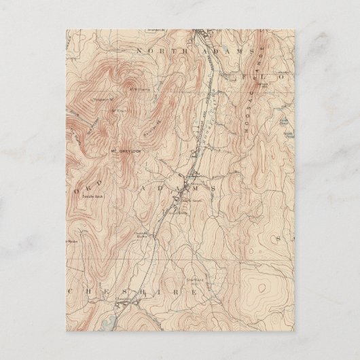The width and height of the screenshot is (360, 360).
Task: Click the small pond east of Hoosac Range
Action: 281,123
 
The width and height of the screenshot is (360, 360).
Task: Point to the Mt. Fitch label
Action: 118,111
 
